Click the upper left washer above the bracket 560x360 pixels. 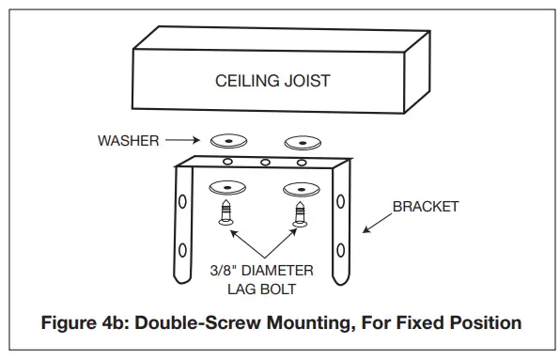228,141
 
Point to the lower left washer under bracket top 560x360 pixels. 228,185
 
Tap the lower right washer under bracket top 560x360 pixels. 303,185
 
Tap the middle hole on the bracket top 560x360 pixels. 266,162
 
